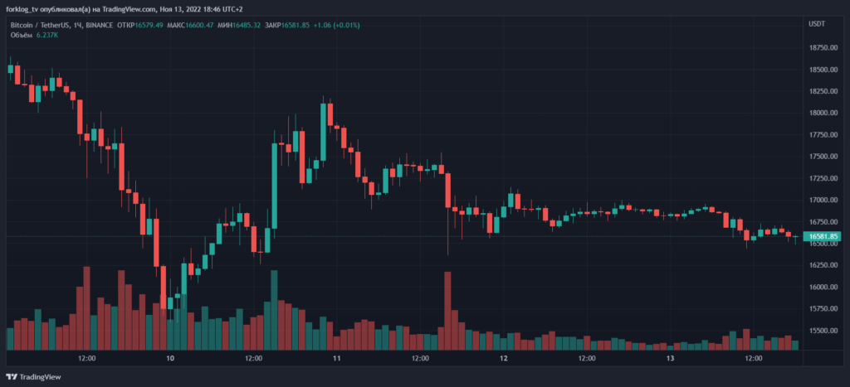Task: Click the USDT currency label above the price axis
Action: click(817, 25)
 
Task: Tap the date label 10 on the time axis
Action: click(170, 359)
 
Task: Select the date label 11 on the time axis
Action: click(336, 359)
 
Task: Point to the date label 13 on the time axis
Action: click(671, 359)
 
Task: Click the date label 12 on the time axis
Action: click(504, 359)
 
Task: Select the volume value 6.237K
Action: click(47, 36)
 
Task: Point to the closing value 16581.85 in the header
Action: click(296, 25)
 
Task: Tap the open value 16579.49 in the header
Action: click(146, 25)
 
